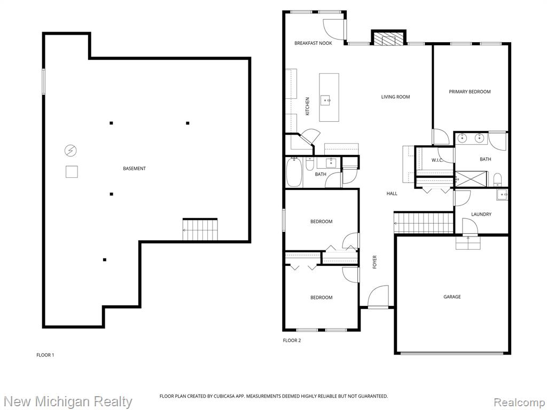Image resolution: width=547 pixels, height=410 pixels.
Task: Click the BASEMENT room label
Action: pyautogui.click(x=134, y=168)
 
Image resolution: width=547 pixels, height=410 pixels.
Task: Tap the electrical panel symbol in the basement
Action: pyautogui.click(x=71, y=151)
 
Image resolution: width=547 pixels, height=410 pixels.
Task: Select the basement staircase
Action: pyautogui.click(x=200, y=230)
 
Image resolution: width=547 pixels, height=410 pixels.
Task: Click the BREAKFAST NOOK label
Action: pyautogui.click(x=313, y=43)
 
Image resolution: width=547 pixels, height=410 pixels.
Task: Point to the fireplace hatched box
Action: pyautogui.click(x=388, y=38)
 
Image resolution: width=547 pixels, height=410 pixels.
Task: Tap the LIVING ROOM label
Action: pyautogui.click(x=396, y=97)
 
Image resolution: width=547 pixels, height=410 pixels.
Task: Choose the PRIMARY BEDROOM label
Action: pyautogui.click(x=470, y=92)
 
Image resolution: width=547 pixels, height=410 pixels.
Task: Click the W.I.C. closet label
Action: pyautogui.click(x=437, y=160)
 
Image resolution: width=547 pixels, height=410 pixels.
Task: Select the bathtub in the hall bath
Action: pyautogui.click(x=294, y=172)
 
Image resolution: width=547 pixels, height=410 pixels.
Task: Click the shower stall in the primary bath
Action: pyautogui.click(x=471, y=179)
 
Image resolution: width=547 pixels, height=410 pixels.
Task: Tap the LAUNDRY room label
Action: pyautogui.click(x=481, y=215)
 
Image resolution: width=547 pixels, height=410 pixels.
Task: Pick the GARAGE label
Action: pyautogui.click(x=452, y=297)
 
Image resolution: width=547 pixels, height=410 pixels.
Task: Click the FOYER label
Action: pyautogui.click(x=374, y=262)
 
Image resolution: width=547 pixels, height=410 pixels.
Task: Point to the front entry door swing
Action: pyautogui.click(x=378, y=297)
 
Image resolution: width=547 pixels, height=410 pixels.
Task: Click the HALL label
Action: pyautogui.click(x=392, y=193)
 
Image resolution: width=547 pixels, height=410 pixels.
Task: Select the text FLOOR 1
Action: pyautogui.click(x=45, y=355)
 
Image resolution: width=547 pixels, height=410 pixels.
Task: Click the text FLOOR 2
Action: pyautogui.click(x=292, y=340)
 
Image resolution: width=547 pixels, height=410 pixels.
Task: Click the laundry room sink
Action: pyautogui.click(x=502, y=194)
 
